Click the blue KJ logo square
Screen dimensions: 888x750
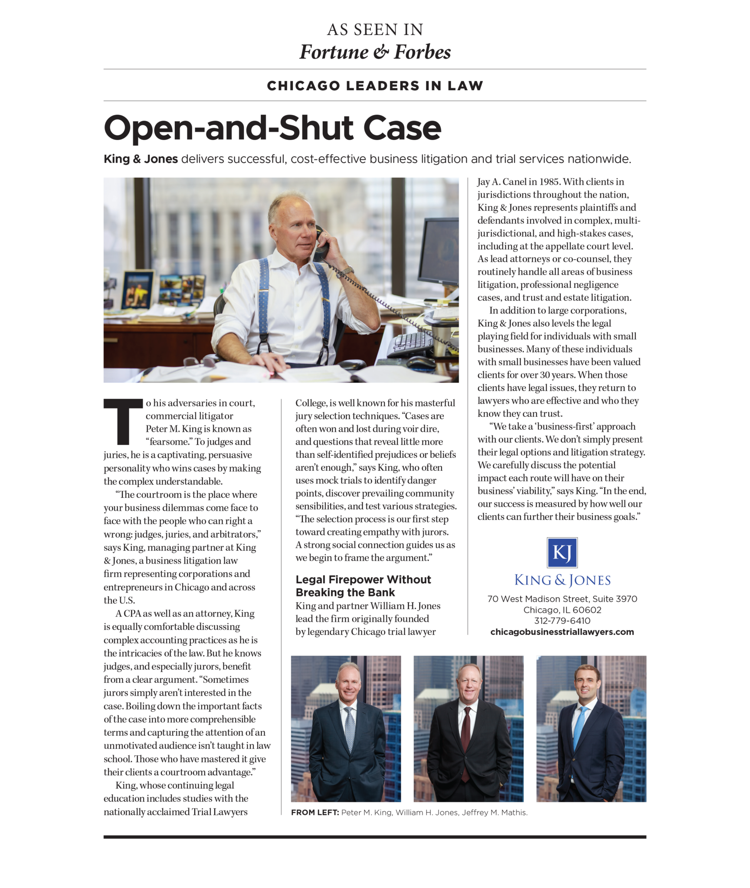[562, 552]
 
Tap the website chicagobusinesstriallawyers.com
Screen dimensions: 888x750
[562, 632]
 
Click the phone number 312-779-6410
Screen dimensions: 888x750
[562, 620]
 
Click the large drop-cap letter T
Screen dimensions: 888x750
[123, 422]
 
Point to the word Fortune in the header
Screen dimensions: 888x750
[334, 52]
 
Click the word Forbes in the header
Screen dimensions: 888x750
[422, 52]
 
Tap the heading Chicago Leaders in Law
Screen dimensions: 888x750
[375, 85]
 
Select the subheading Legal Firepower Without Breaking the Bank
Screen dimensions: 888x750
[363, 586]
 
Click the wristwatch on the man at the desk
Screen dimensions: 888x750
[344, 272]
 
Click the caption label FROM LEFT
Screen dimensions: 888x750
[314, 813]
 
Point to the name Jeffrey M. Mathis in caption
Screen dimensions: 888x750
[494, 813]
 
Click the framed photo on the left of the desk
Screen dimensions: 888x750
[138, 289]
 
